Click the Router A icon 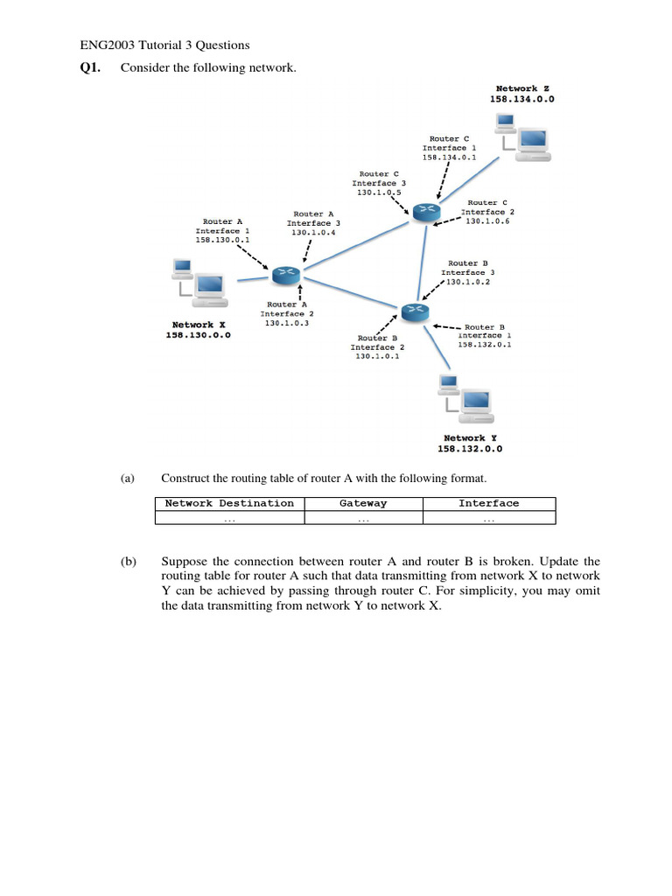point(284,276)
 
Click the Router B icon point(413,311)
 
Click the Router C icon point(426,209)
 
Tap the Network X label point(199,325)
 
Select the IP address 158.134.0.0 point(522,100)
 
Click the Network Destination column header point(229,503)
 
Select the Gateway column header point(363,503)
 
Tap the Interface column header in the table point(488,503)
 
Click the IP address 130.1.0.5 point(379,192)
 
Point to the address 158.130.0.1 point(222,239)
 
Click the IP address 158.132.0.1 point(485,345)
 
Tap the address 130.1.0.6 point(487,221)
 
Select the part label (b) point(128,561)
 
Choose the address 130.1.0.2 point(468,283)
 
